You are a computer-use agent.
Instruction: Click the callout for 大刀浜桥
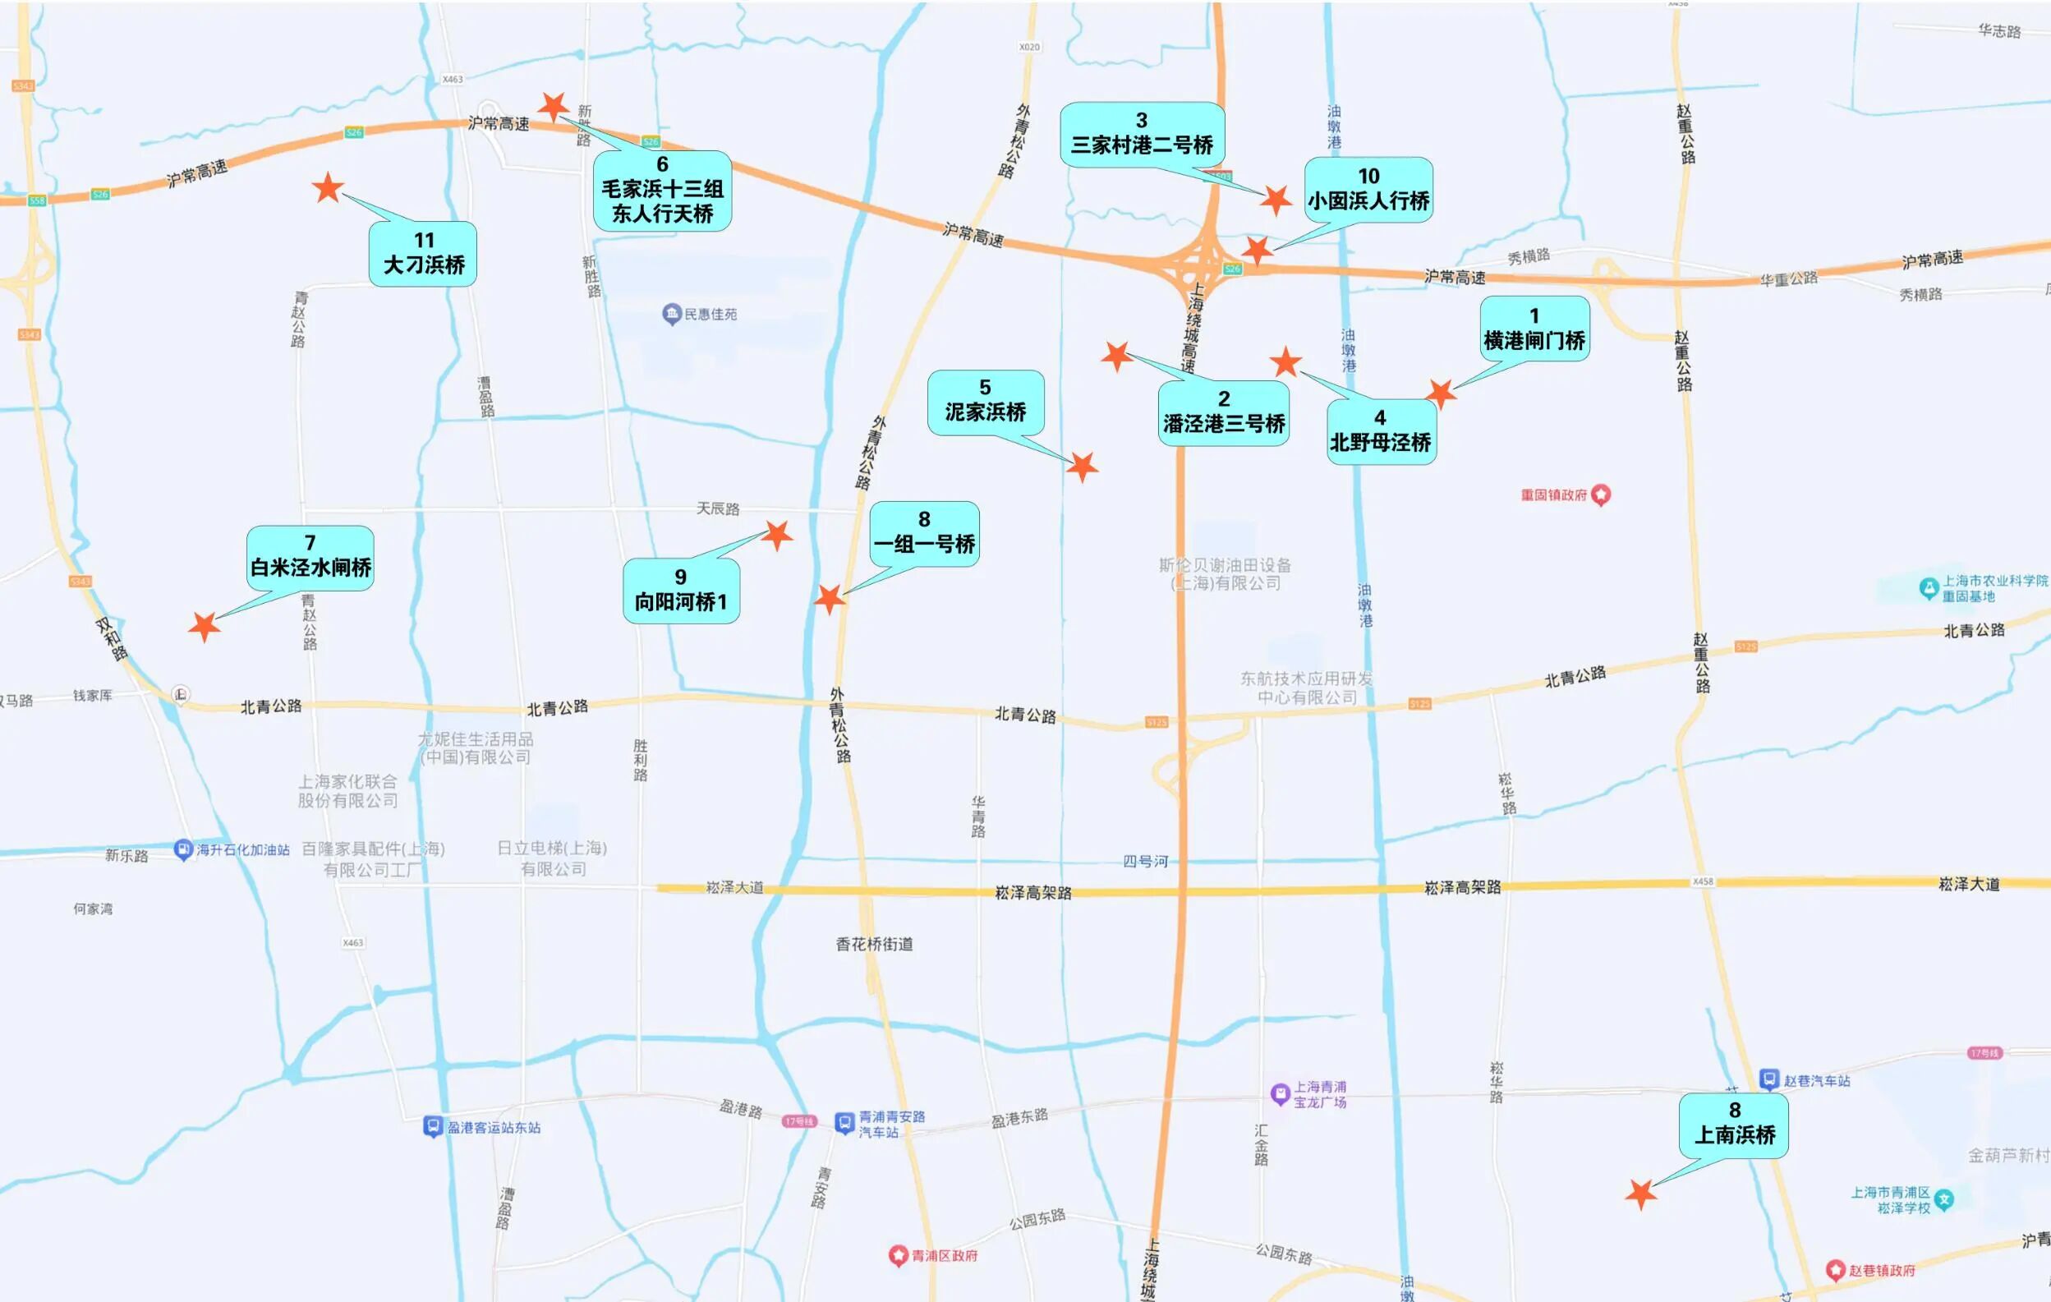[422, 254]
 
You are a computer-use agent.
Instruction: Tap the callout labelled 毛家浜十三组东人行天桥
[662, 191]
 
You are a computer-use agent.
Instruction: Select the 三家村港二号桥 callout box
[1142, 135]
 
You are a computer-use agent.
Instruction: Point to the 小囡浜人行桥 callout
[1368, 190]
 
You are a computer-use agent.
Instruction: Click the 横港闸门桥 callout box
[1534, 329]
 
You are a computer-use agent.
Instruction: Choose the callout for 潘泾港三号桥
[1223, 413]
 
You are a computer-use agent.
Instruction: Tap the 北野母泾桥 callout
[1381, 432]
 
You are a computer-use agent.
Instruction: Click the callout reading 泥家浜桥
[985, 402]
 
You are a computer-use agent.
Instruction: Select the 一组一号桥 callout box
[924, 533]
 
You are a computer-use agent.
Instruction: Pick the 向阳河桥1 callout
[681, 591]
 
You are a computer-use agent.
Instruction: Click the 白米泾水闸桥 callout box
[310, 558]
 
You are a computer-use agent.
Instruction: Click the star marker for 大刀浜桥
[328, 187]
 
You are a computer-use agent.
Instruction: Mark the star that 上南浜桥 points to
[1640, 1194]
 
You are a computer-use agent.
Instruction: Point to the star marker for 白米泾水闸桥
[204, 627]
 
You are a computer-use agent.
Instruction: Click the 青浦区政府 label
[944, 1255]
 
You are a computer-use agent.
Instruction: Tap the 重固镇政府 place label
[1553, 495]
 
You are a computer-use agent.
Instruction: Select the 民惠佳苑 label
[710, 315]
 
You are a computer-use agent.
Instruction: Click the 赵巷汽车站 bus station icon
[1769, 1079]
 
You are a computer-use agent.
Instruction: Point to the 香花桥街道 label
[874, 944]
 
